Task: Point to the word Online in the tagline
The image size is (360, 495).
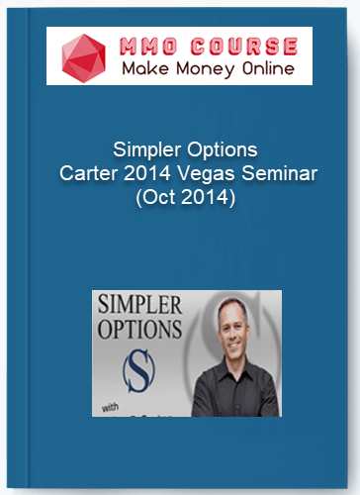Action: [x=262, y=69]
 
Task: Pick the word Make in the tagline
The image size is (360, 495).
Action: [x=142, y=69]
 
